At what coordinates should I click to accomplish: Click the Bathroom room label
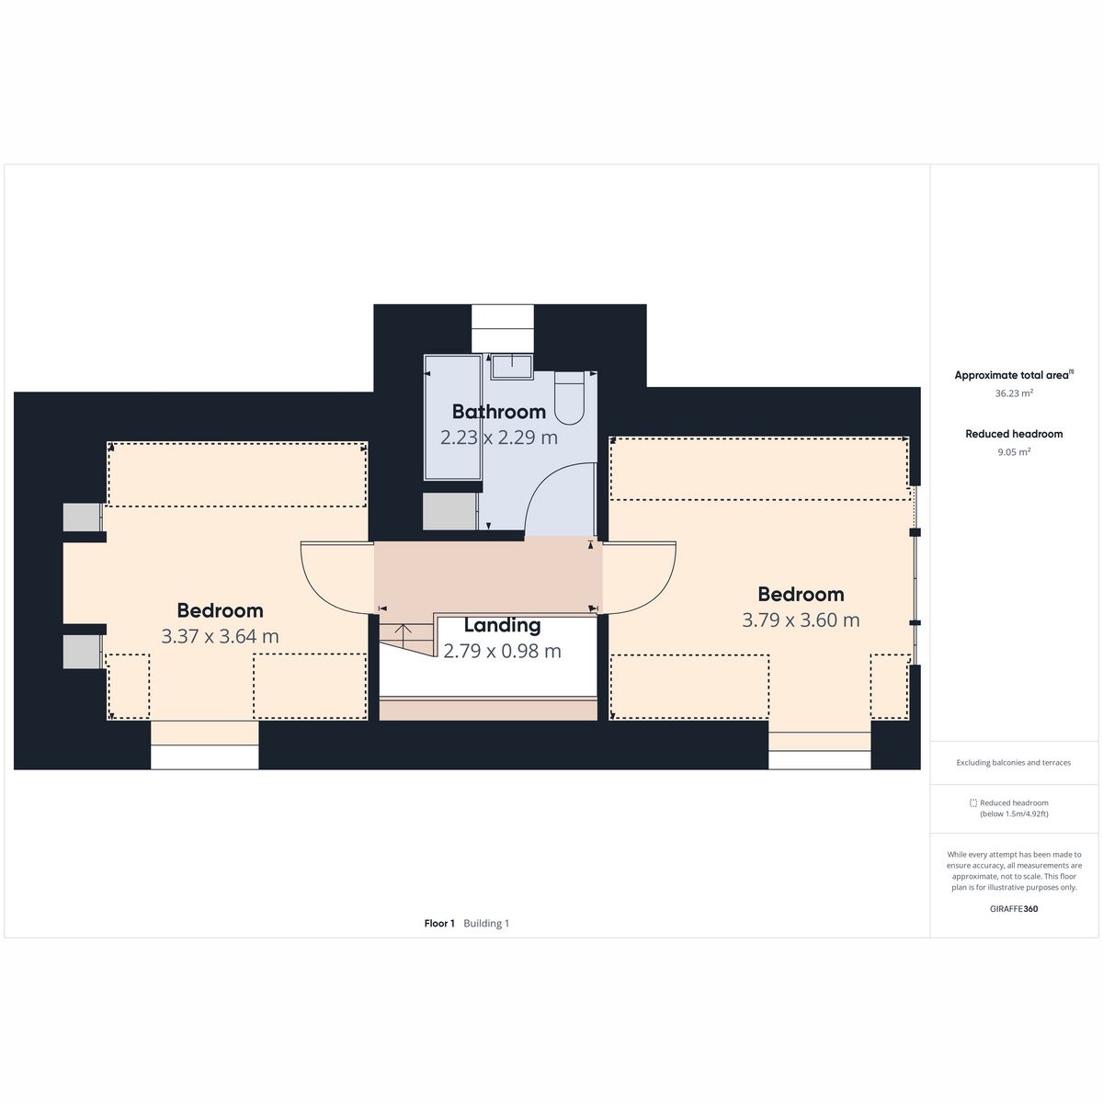pos(498,412)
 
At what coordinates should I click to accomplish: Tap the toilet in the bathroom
pos(570,398)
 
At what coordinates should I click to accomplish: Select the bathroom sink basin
pos(512,367)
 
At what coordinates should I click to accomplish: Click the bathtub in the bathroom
pos(452,417)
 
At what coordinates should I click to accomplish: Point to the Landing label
pos(502,625)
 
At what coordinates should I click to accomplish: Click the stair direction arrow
pos(403,632)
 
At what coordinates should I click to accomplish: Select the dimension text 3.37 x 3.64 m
pos(220,636)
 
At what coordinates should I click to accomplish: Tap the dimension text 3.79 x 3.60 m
pos(801,620)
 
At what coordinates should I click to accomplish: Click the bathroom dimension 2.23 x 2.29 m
pos(498,438)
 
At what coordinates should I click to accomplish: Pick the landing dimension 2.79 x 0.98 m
pos(502,651)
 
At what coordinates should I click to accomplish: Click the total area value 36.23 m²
pos(1014,393)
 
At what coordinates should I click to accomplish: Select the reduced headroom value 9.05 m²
pos(1014,451)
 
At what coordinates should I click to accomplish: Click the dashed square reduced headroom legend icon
pos(973,803)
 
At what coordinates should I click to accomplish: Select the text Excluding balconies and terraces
pos(1013,762)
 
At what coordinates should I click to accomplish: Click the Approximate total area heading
pos(1014,376)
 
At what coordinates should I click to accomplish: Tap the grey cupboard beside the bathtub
pos(449,511)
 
